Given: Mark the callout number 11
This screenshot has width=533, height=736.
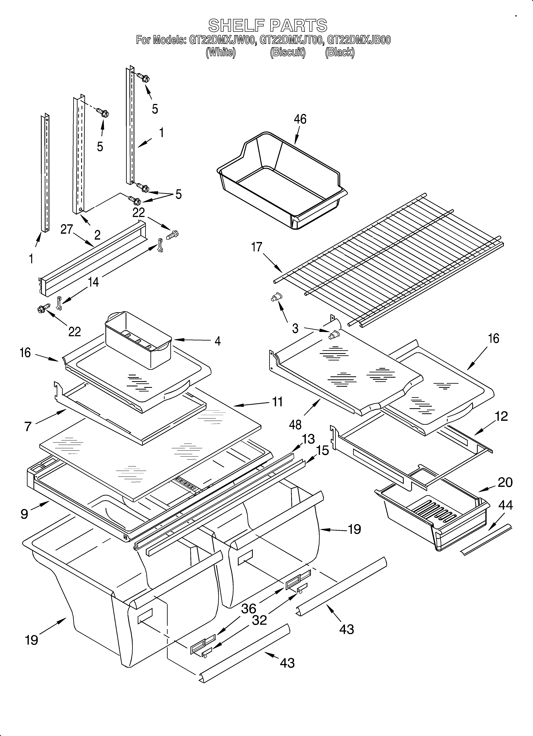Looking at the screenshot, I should click(277, 402).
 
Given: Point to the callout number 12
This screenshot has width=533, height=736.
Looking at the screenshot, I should click(501, 416).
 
